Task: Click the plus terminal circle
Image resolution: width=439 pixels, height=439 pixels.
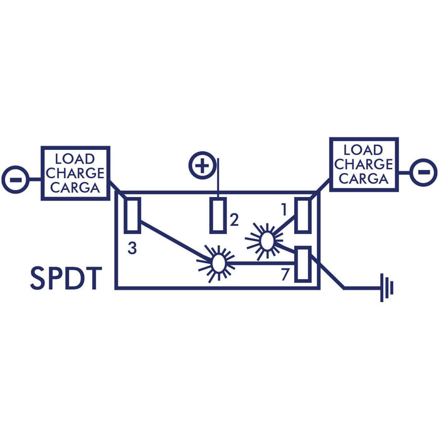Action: point(202,166)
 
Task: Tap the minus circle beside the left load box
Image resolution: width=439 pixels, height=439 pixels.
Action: point(16,179)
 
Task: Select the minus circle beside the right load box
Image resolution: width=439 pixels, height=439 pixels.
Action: point(423,172)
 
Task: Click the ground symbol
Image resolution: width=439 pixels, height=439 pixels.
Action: point(387,287)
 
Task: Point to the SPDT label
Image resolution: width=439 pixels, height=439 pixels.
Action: point(66,278)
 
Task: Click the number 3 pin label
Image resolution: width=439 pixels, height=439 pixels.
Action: point(132,248)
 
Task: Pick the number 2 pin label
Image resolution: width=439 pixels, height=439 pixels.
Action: point(234,219)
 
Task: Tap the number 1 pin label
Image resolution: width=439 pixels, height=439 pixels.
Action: point(284,209)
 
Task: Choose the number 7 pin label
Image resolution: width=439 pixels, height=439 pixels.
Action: point(285,275)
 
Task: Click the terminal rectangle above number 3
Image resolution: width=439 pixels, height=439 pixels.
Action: point(132,215)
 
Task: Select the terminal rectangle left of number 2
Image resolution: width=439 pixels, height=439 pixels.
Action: point(218,215)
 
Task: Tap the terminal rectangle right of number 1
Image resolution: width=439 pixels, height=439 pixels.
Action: point(303,215)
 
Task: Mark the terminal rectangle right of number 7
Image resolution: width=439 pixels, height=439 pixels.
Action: point(303,264)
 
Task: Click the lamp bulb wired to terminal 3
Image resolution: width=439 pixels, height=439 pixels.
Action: point(219,263)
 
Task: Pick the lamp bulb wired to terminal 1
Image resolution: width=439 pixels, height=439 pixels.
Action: point(267,241)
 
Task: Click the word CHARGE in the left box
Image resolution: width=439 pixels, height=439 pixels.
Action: point(75,173)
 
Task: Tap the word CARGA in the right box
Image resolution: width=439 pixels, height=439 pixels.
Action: point(364,178)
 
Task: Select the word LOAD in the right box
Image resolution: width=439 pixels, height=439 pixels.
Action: point(363,150)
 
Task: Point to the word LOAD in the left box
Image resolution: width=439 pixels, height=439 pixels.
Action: point(75,159)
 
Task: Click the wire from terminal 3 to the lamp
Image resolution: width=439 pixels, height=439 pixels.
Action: point(176,241)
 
